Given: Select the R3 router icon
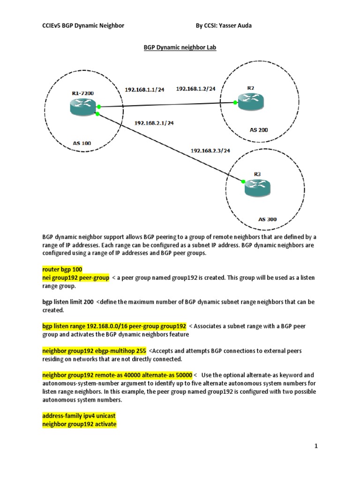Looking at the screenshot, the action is pos(257,187).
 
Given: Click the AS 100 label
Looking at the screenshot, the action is pos(82,143).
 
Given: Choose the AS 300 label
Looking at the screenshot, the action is pos(268,219).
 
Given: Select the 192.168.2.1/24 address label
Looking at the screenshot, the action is pos(154,123).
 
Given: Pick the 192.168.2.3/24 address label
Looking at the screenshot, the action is pos(210,150).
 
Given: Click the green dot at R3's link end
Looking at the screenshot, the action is pos(244,181).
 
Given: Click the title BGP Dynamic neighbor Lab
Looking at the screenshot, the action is pos(180,48).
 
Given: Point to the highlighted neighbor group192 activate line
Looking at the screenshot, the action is pos(79,424).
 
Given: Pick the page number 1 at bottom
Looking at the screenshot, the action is pos(316,446).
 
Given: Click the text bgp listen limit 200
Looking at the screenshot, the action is pos(68,302).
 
